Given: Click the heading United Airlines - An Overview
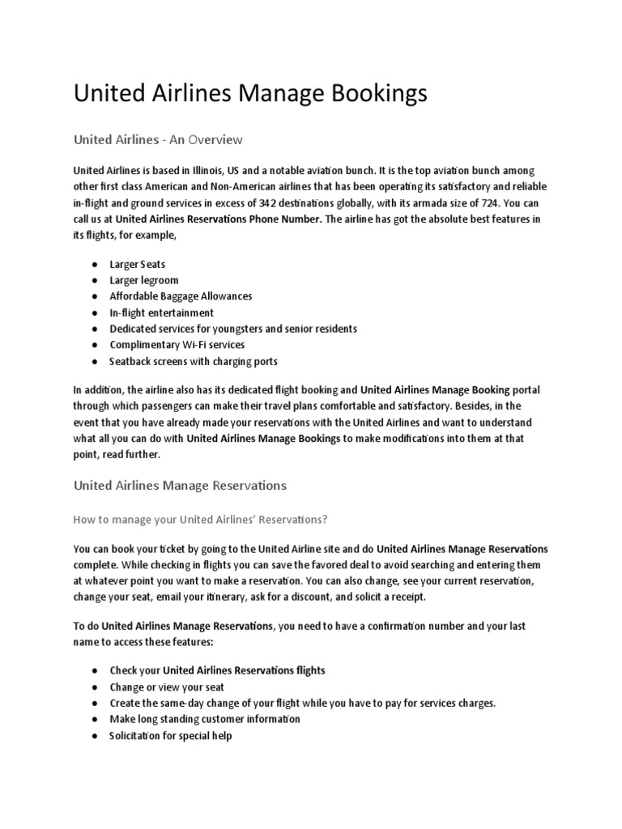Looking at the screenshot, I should point(158,139).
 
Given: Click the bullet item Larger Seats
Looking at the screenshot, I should point(138,264).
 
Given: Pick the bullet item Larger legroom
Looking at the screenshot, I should point(144,280).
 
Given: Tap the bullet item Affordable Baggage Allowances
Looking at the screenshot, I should point(181,296).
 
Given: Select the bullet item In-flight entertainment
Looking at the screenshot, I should point(162,312).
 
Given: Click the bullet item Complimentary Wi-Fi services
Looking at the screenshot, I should point(177,345).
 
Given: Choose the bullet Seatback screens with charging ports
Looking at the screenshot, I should point(194,361).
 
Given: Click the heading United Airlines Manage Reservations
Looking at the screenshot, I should point(180,486).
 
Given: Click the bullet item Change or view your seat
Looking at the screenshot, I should point(168,687).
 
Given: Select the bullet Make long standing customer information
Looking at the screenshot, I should point(205,719).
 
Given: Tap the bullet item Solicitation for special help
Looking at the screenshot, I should point(171,736).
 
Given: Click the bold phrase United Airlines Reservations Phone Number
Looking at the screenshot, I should point(219,219).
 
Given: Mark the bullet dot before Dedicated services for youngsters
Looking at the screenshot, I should point(96,329).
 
